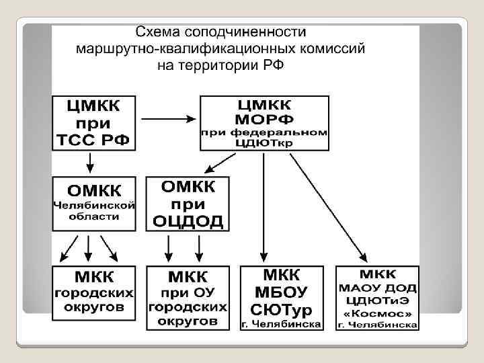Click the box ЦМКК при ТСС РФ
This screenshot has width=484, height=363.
pyautogui.click(x=93, y=122)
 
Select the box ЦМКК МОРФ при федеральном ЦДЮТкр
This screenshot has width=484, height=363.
pyautogui.click(x=264, y=122)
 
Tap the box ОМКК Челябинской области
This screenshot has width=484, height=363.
pyautogui.click(x=95, y=202)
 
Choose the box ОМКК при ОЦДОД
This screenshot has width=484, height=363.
pyautogui.click(x=188, y=202)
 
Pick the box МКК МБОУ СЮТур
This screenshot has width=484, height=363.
pyautogui.click(x=282, y=297)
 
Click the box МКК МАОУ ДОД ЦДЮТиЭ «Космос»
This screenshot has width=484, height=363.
pyautogui.click(x=378, y=297)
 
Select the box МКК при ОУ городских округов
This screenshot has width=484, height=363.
pyautogui.click(x=188, y=297)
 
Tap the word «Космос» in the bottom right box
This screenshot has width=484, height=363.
pyautogui.click(x=378, y=313)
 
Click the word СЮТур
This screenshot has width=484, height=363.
pyautogui.click(x=282, y=309)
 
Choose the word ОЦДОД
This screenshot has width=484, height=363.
pyautogui.click(x=188, y=220)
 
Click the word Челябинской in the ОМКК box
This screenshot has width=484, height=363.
pyautogui.click(x=95, y=204)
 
